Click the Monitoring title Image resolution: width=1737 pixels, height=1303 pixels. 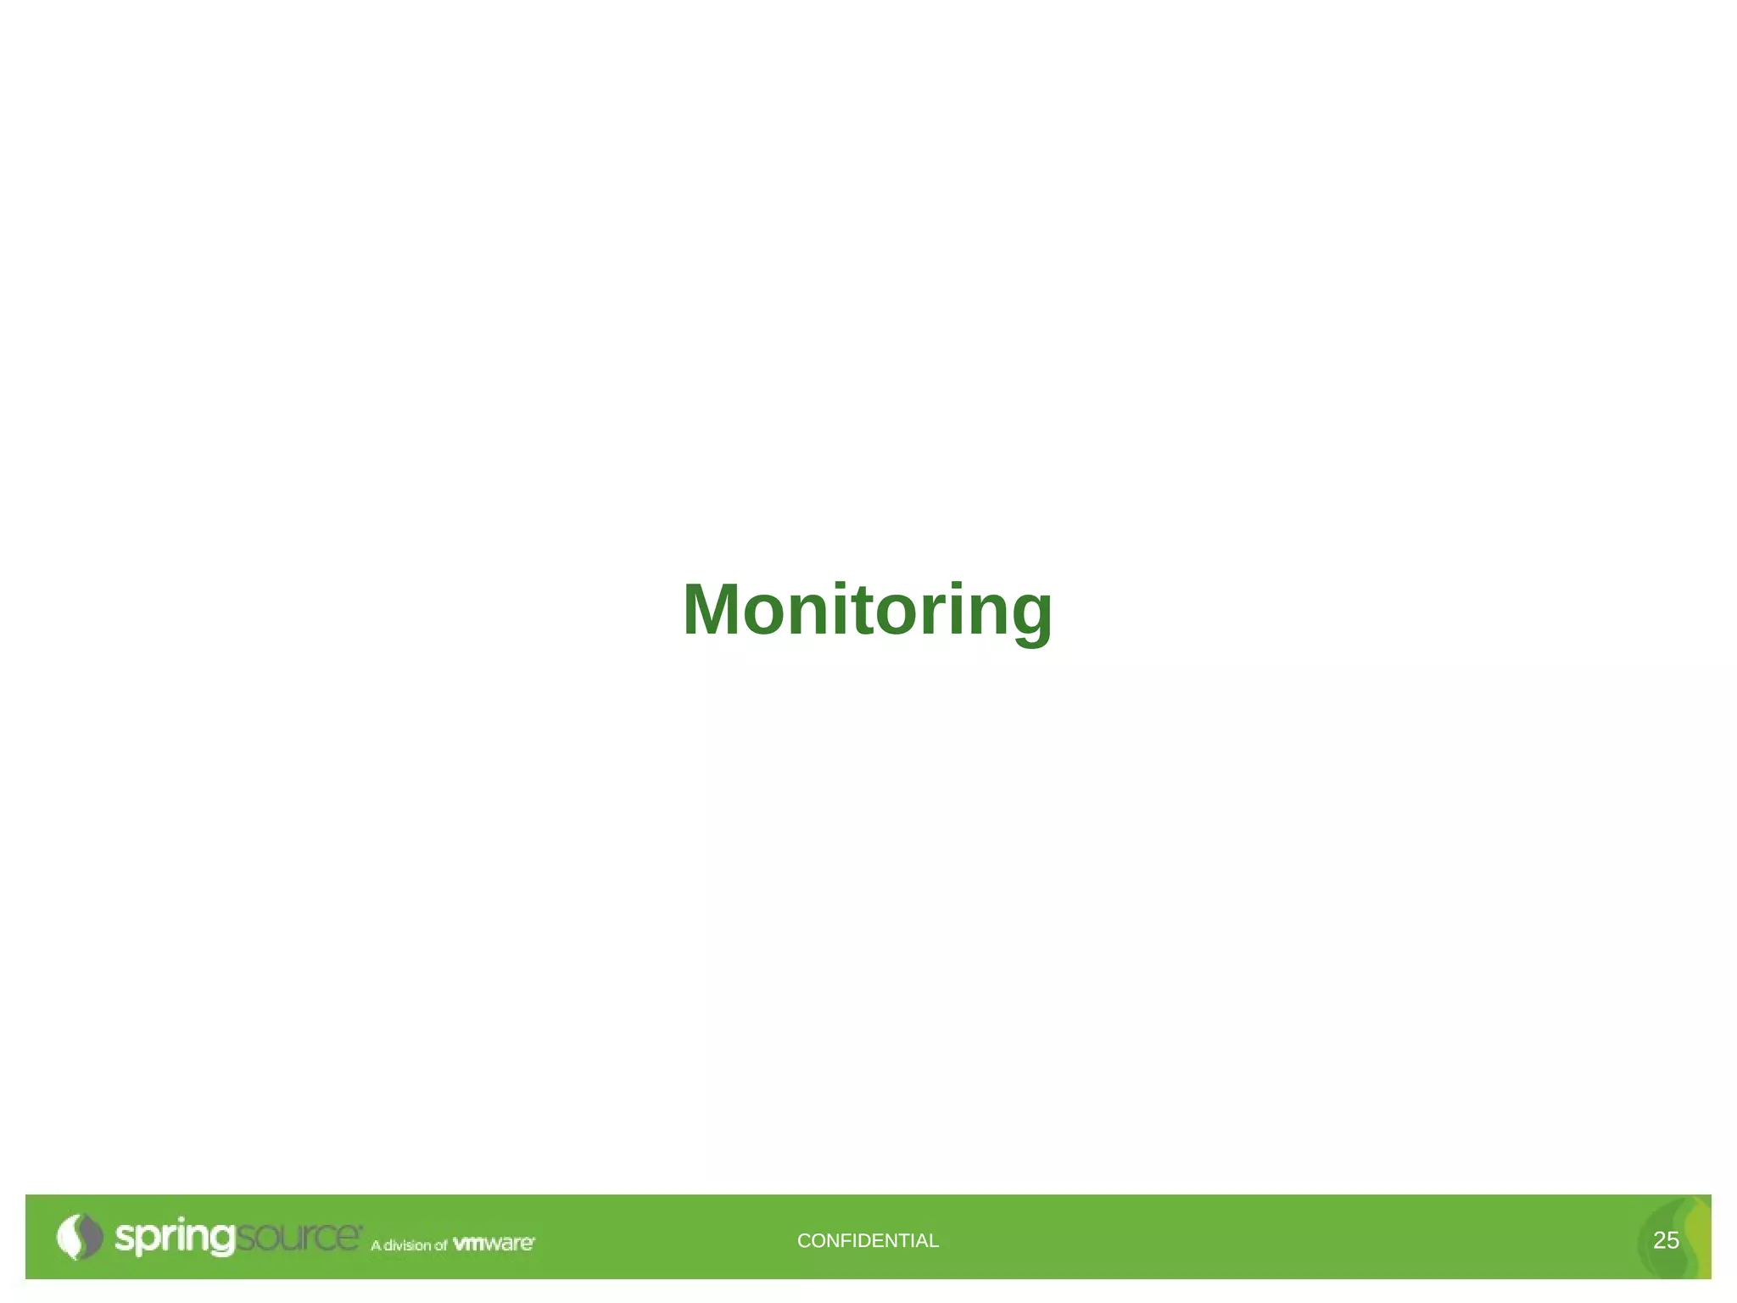pyautogui.click(x=867, y=611)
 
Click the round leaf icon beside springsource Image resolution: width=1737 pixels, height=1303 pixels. pyautogui.click(x=79, y=1237)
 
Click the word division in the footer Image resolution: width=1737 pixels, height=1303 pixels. pyautogui.click(x=407, y=1244)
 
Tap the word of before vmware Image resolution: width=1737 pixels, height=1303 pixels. pyautogui.click(x=440, y=1244)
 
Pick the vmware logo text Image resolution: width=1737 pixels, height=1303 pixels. pyautogui.click(x=493, y=1243)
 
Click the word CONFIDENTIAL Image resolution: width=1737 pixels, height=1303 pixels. pyautogui.click(x=868, y=1240)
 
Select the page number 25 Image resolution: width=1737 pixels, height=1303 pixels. pyautogui.click(x=1666, y=1240)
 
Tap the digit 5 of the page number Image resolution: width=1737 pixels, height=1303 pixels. pyautogui.click(x=1673, y=1240)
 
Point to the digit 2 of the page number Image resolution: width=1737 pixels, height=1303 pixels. pyautogui.click(x=1660, y=1240)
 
